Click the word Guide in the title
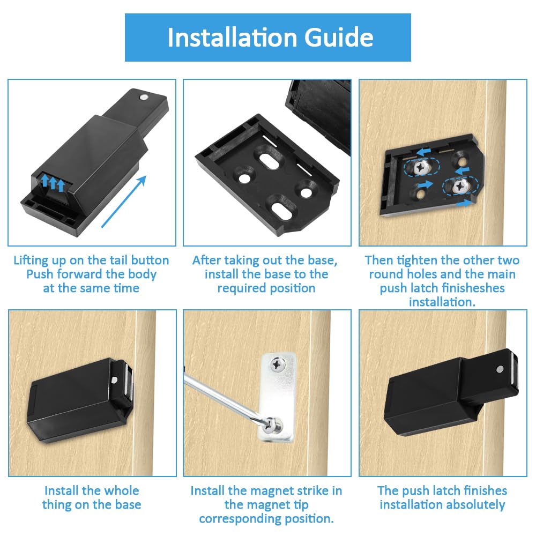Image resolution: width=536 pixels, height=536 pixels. point(339,38)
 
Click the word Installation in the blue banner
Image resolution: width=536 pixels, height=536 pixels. point(233,38)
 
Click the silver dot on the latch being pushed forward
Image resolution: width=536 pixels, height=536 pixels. point(143,97)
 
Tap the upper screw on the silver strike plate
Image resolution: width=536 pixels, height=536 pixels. point(278,364)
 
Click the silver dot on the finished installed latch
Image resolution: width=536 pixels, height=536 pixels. point(500,369)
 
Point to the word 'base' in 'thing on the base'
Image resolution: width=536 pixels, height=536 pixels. point(128,505)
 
